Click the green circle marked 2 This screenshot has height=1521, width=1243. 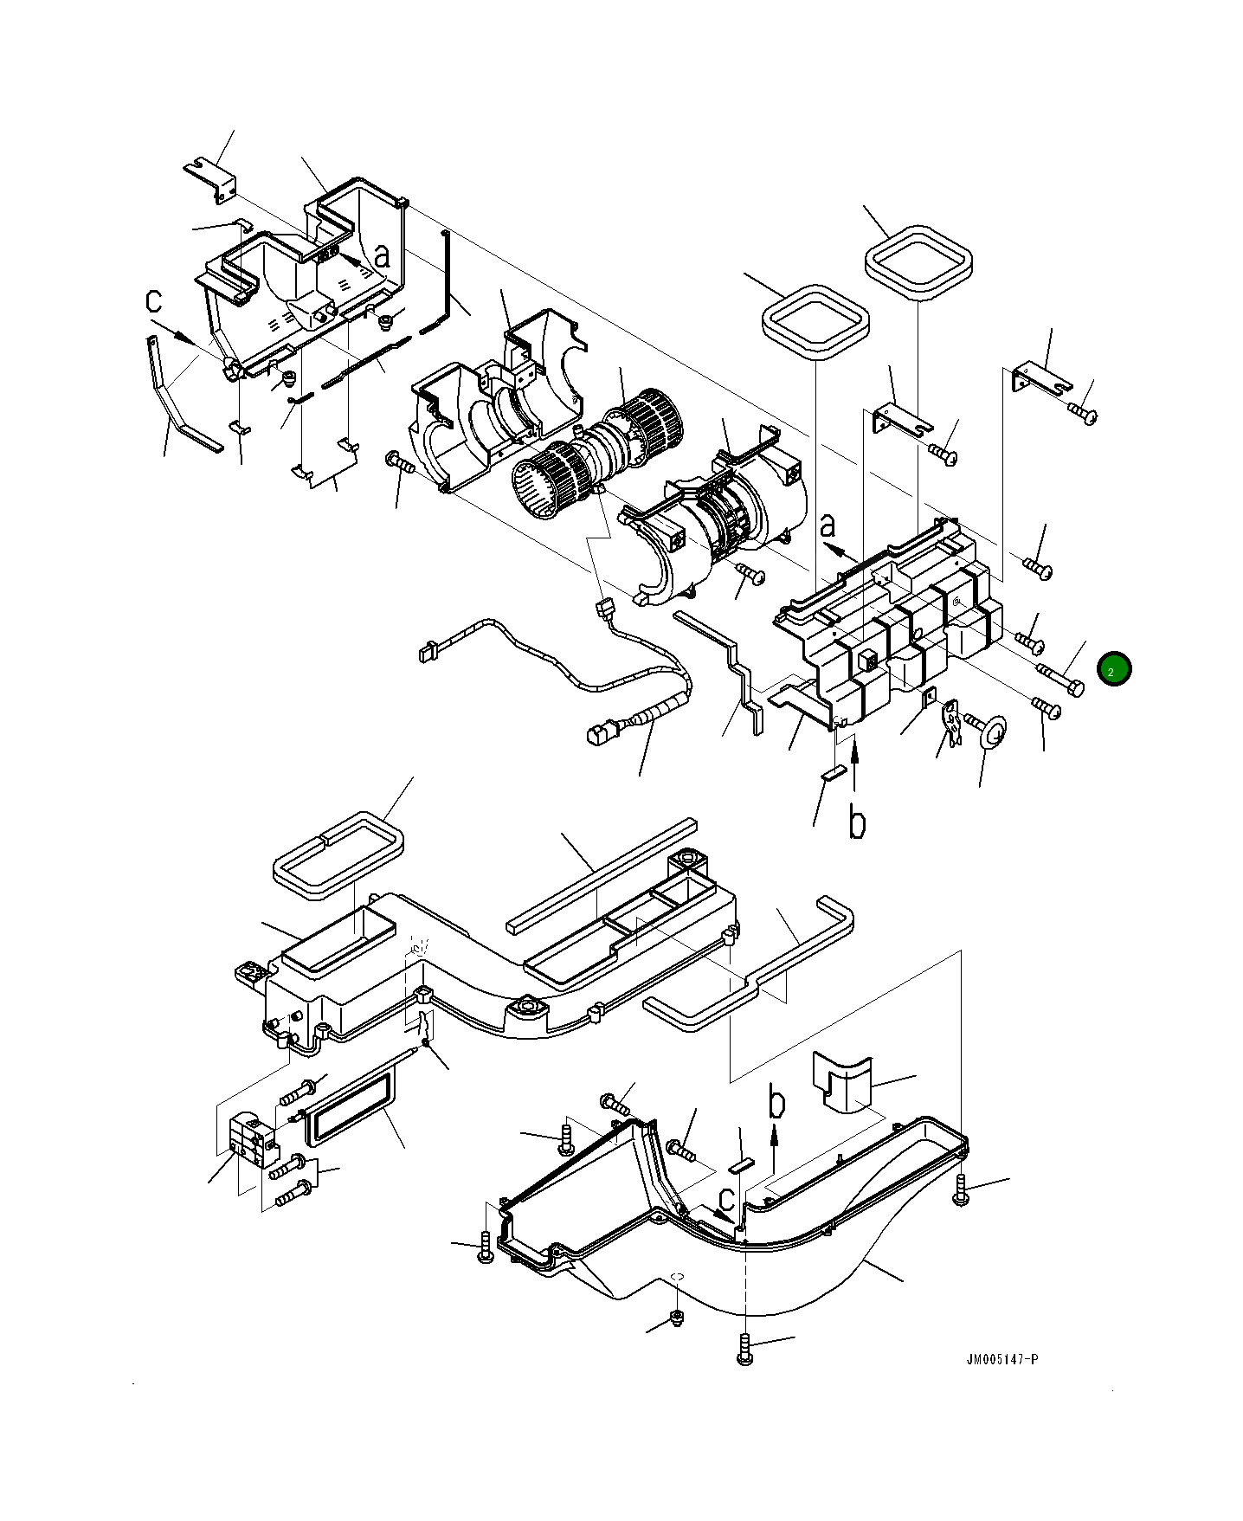[1113, 669]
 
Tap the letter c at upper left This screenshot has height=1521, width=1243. [154, 300]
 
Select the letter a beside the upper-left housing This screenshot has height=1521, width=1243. [382, 255]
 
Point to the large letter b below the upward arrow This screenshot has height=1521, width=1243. [857, 822]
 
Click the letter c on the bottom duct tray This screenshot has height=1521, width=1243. [727, 1199]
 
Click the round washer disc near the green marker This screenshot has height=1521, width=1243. [993, 732]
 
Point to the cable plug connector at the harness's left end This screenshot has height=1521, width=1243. [426, 651]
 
